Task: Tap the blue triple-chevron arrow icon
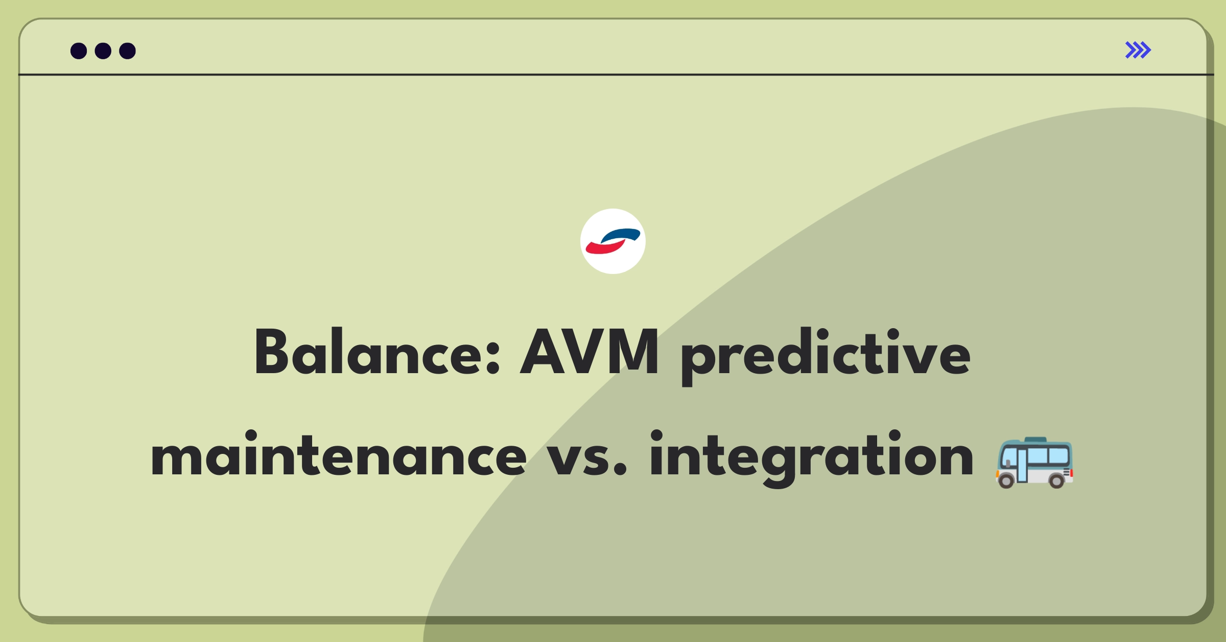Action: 1138,50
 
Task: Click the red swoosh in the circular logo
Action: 604,247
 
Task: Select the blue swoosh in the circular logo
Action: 622,235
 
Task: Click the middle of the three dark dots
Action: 103,51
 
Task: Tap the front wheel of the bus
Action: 1006,480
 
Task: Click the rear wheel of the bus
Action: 1056,480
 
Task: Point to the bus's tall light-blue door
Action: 1022,465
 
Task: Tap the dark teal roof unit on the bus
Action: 1035,440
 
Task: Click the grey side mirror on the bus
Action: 1008,463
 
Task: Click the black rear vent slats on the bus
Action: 1066,472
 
